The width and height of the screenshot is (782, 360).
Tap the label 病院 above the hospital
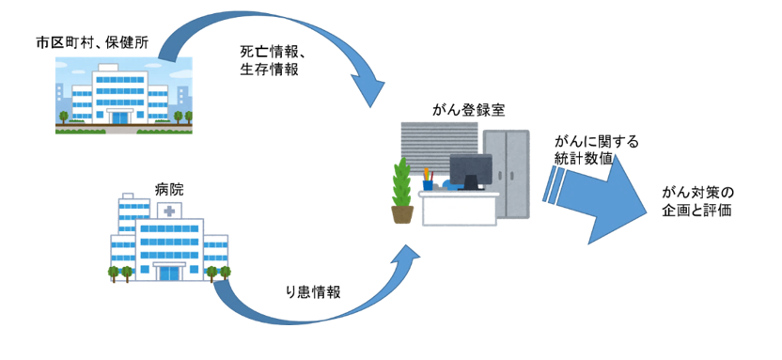pyautogui.click(x=169, y=189)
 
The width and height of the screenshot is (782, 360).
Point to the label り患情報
pyautogui.click(x=312, y=291)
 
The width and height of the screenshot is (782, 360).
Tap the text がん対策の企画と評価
pyautogui.click(x=697, y=201)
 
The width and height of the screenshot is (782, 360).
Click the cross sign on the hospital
pyautogui.click(x=169, y=212)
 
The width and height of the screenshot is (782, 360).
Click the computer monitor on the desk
pyautogui.click(x=470, y=169)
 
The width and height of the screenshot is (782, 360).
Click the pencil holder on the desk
pyautogui.click(x=428, y=180)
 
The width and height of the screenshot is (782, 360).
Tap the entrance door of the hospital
pyautogui.click(x=168, y=273)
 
